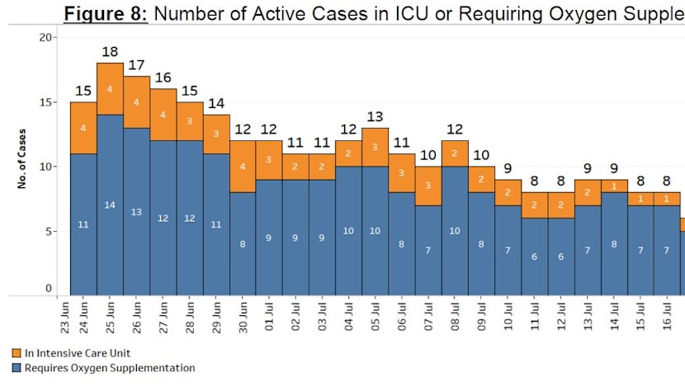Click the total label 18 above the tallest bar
[110, 52]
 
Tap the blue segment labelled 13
[136, 212]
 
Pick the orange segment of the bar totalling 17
[136, 102]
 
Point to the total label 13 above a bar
[375, 116]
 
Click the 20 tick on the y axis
[45, 37]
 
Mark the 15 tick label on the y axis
[45, 102]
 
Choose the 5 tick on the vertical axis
[48, 232]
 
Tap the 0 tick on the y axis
[48, 289]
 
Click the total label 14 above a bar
[216, 104]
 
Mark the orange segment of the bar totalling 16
[163, 115]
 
